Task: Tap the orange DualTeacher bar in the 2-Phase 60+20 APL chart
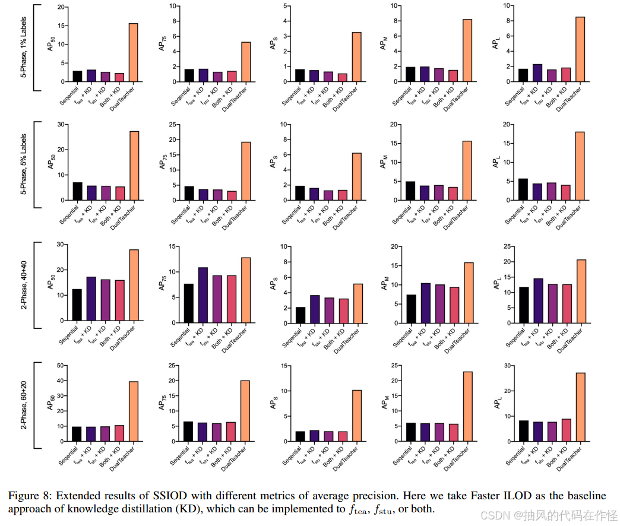(x=580, y=407)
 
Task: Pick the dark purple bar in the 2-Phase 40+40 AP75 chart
(x=203, y=294)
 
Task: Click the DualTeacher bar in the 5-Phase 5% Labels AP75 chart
(x=246, y=171)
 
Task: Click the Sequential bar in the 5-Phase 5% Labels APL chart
(x=523, y=189)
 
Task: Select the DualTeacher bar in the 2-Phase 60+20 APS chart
(x=358, y=416)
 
